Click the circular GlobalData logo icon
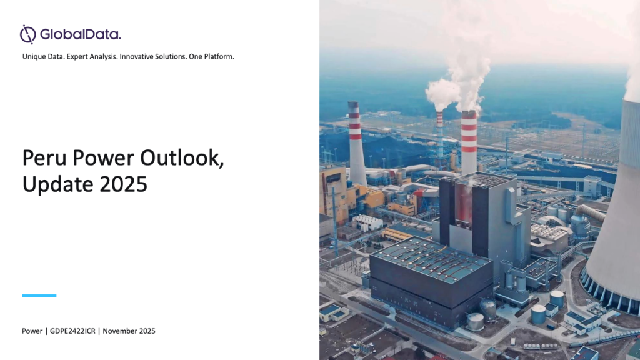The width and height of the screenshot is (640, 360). pyautogui.click(x=27, y=34)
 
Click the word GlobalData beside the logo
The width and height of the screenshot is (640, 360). pyautogui.click(x=81, y=34)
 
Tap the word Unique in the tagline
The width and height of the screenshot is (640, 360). pyautogui.click(x=34, y=57)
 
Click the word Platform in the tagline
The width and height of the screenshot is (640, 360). pyautogui.click(x=219, y=56)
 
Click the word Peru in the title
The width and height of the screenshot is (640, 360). pyautogui.click(x=44, y=157)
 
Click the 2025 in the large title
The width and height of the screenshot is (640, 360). pyautogui.click(x=123, y=184)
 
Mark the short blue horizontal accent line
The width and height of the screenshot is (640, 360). pyautogui.click(x=39, y=296)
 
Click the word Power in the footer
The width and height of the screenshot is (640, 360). pyautogui.click(x=32, y=331)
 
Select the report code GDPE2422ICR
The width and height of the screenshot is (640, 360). pyautogui.click(x=72, y=331)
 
